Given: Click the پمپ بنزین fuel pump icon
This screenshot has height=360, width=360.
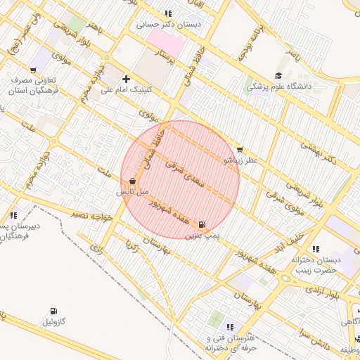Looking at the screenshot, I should coord(202,224).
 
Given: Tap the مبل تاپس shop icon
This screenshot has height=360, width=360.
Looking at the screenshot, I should coord(133,181).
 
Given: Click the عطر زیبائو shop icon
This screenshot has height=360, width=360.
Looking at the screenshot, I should coord(240,150).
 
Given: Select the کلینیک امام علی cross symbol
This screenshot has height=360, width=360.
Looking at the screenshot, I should coord(126,79).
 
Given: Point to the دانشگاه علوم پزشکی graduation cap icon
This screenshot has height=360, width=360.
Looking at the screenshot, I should coord(278,76).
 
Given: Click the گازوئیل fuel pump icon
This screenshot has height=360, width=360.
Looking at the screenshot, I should coord(55,310).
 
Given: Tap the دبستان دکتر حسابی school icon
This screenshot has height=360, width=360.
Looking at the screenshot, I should coord(167,13).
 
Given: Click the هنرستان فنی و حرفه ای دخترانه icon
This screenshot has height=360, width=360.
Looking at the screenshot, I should coord(230,327).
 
